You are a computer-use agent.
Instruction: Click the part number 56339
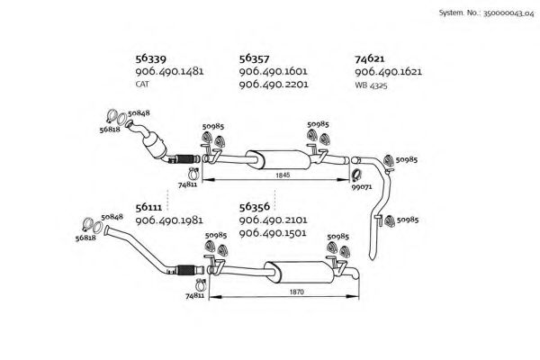pos(149,56)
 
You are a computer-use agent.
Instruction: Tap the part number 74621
pos(372,56)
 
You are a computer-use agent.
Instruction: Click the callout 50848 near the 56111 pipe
pos(112,217)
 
